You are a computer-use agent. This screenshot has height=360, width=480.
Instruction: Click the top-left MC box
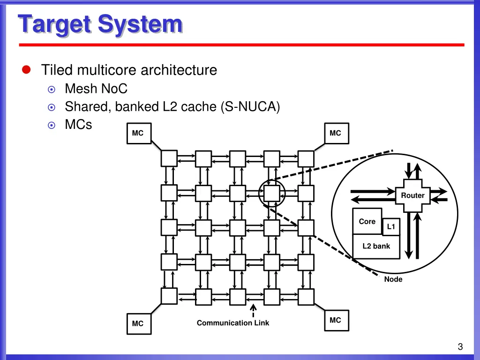click(139, 134)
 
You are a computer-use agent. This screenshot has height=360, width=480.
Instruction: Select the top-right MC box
click(337, 134)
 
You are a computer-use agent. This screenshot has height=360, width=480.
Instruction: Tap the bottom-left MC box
click(139, 324)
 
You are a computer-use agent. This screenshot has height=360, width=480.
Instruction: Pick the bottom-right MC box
click(337, 321)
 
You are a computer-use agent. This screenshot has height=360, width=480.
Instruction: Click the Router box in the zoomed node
click(412, 195)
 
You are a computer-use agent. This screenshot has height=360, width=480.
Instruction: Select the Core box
click(367, 221)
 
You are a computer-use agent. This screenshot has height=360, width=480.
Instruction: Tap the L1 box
click(391, 226)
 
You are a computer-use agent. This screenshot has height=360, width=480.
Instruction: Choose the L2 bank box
click(376, 247)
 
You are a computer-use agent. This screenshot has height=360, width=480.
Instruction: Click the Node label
click(393, 279)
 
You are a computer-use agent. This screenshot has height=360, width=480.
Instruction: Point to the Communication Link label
click(233, 323)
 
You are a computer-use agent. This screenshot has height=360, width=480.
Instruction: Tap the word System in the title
click(141, 24)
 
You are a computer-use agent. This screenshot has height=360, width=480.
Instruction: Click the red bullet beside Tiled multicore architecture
click(26, 70)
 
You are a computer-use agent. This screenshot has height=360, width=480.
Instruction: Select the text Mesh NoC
click(96, 89)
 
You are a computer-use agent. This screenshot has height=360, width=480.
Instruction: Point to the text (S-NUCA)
click(250, 107)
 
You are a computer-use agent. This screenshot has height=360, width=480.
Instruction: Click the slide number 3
click(460, 346)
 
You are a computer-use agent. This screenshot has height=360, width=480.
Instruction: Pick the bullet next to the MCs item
click(52, 125)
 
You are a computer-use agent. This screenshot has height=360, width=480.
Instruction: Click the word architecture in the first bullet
click(179, 70)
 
